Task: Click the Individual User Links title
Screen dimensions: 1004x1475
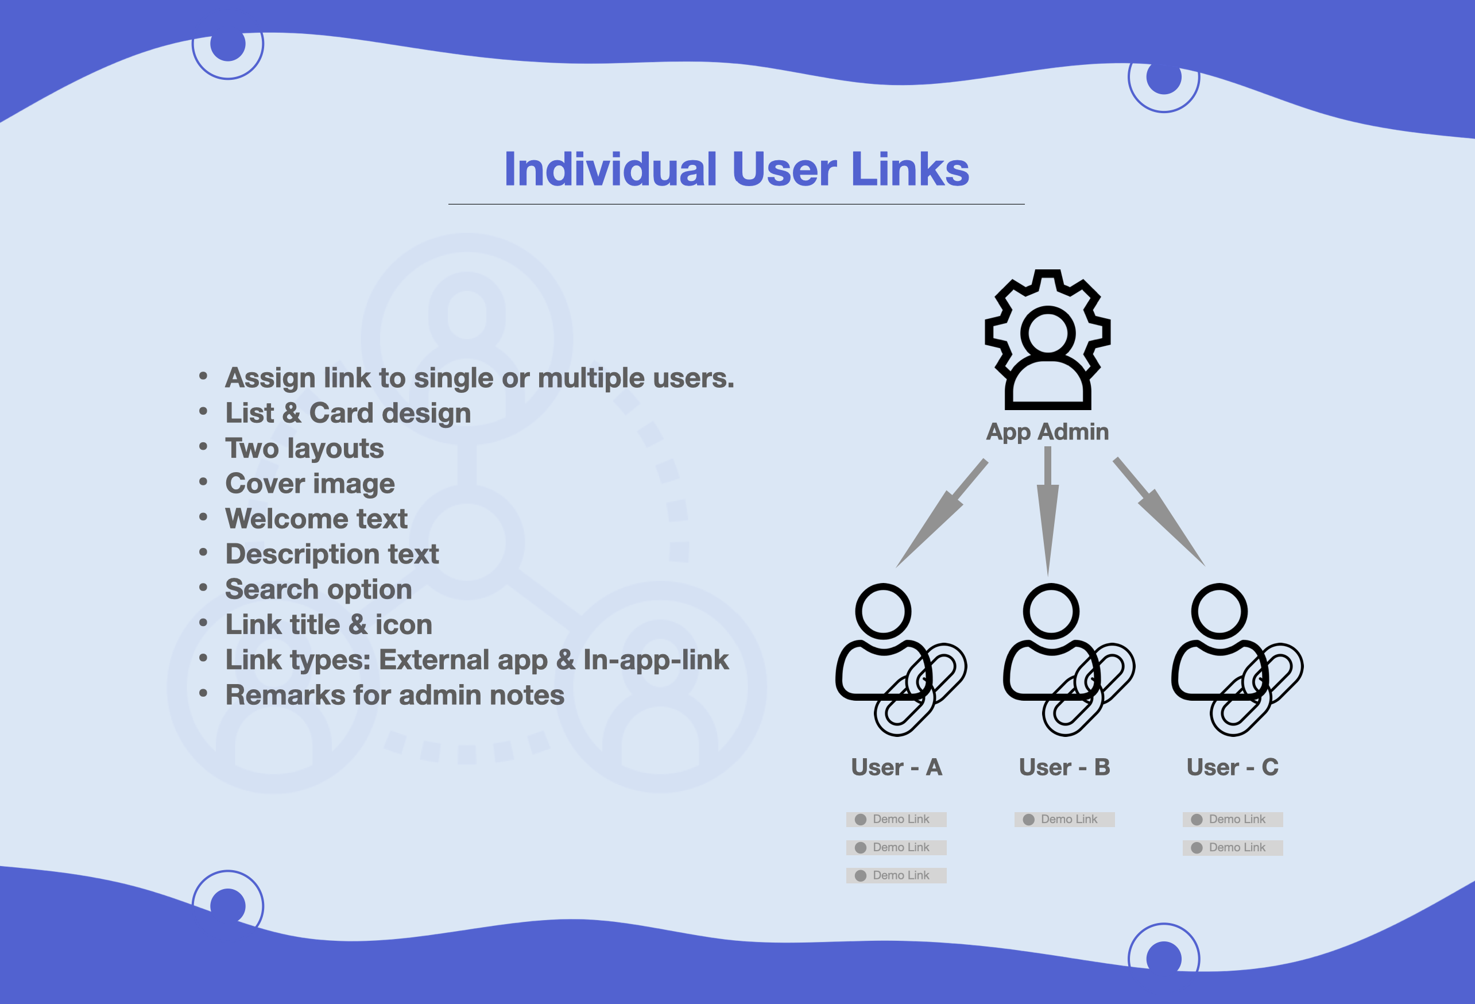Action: coord(736,169)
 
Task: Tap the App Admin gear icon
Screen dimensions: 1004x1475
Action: coord(1047,340)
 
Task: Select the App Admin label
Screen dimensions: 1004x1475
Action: coord(1047,432)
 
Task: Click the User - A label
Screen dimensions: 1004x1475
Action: coord(896,767)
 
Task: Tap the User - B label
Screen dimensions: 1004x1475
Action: coord(1064,767)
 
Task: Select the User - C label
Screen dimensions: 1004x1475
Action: coord(1233,767)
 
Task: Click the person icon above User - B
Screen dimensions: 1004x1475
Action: coord(1051,642)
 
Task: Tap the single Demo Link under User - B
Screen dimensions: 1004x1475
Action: coord(1064,819)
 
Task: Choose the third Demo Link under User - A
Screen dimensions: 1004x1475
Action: coord(896,875)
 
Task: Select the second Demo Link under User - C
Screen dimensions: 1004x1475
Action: coord(1233,847)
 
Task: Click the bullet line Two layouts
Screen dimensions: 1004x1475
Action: coord(305,449)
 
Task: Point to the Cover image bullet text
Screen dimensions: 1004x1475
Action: coord(309,484)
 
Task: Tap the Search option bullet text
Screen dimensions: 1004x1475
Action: coord(319,589)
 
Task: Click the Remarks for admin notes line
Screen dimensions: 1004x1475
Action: coord(395,696)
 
